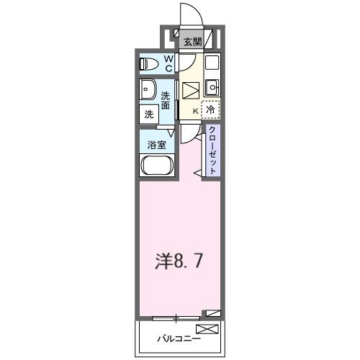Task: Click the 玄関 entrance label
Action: tap(192, 42)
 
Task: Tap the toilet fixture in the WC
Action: tap(147, 63)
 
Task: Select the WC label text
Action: tap(168, 63)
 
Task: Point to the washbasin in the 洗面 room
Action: tap(147, 91)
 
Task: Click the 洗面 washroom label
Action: tap(166, 101)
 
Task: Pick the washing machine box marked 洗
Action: tap(148, 113)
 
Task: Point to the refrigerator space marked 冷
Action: tap(210, 110)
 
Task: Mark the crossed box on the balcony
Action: tap(206, 329)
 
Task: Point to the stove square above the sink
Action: tap(212, 63)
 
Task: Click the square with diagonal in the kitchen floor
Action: tap(190, 90)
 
